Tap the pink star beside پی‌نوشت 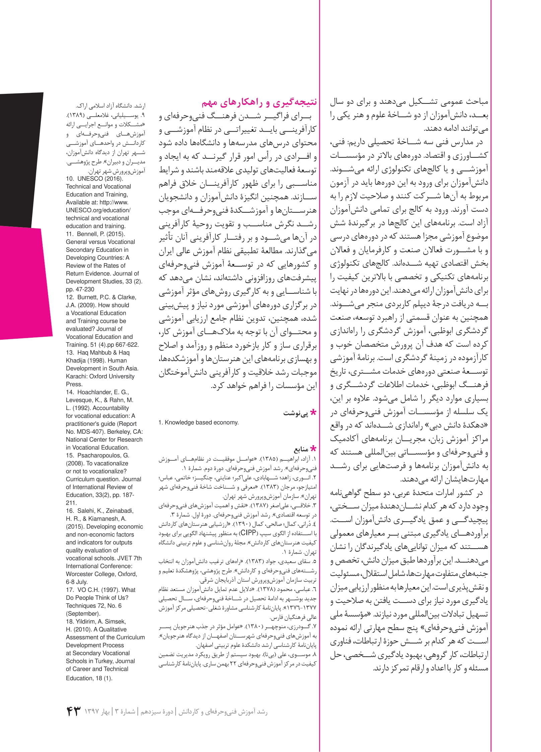point(313,413)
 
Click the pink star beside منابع point(313,449)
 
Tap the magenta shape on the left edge point(23,281)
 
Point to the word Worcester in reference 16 point(81,574)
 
